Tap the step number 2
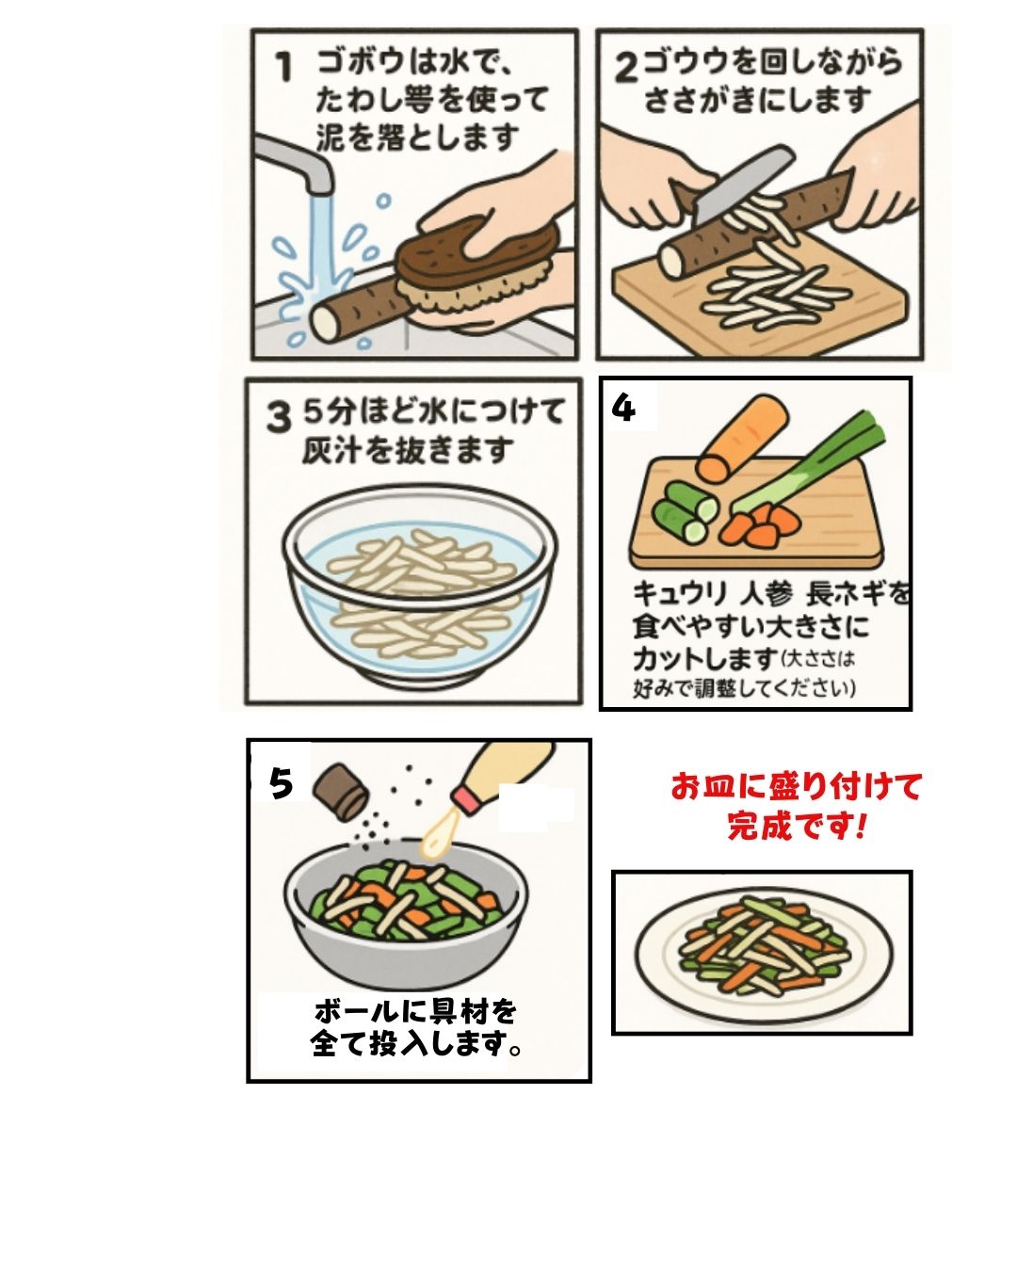click(627, 68)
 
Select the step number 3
click(278, 416)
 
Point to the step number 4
click(623, 408)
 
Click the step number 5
click(280, 783)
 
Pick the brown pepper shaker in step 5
click(340, 789)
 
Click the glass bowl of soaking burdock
click(414, 593)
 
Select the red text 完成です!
click(796, 828)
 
